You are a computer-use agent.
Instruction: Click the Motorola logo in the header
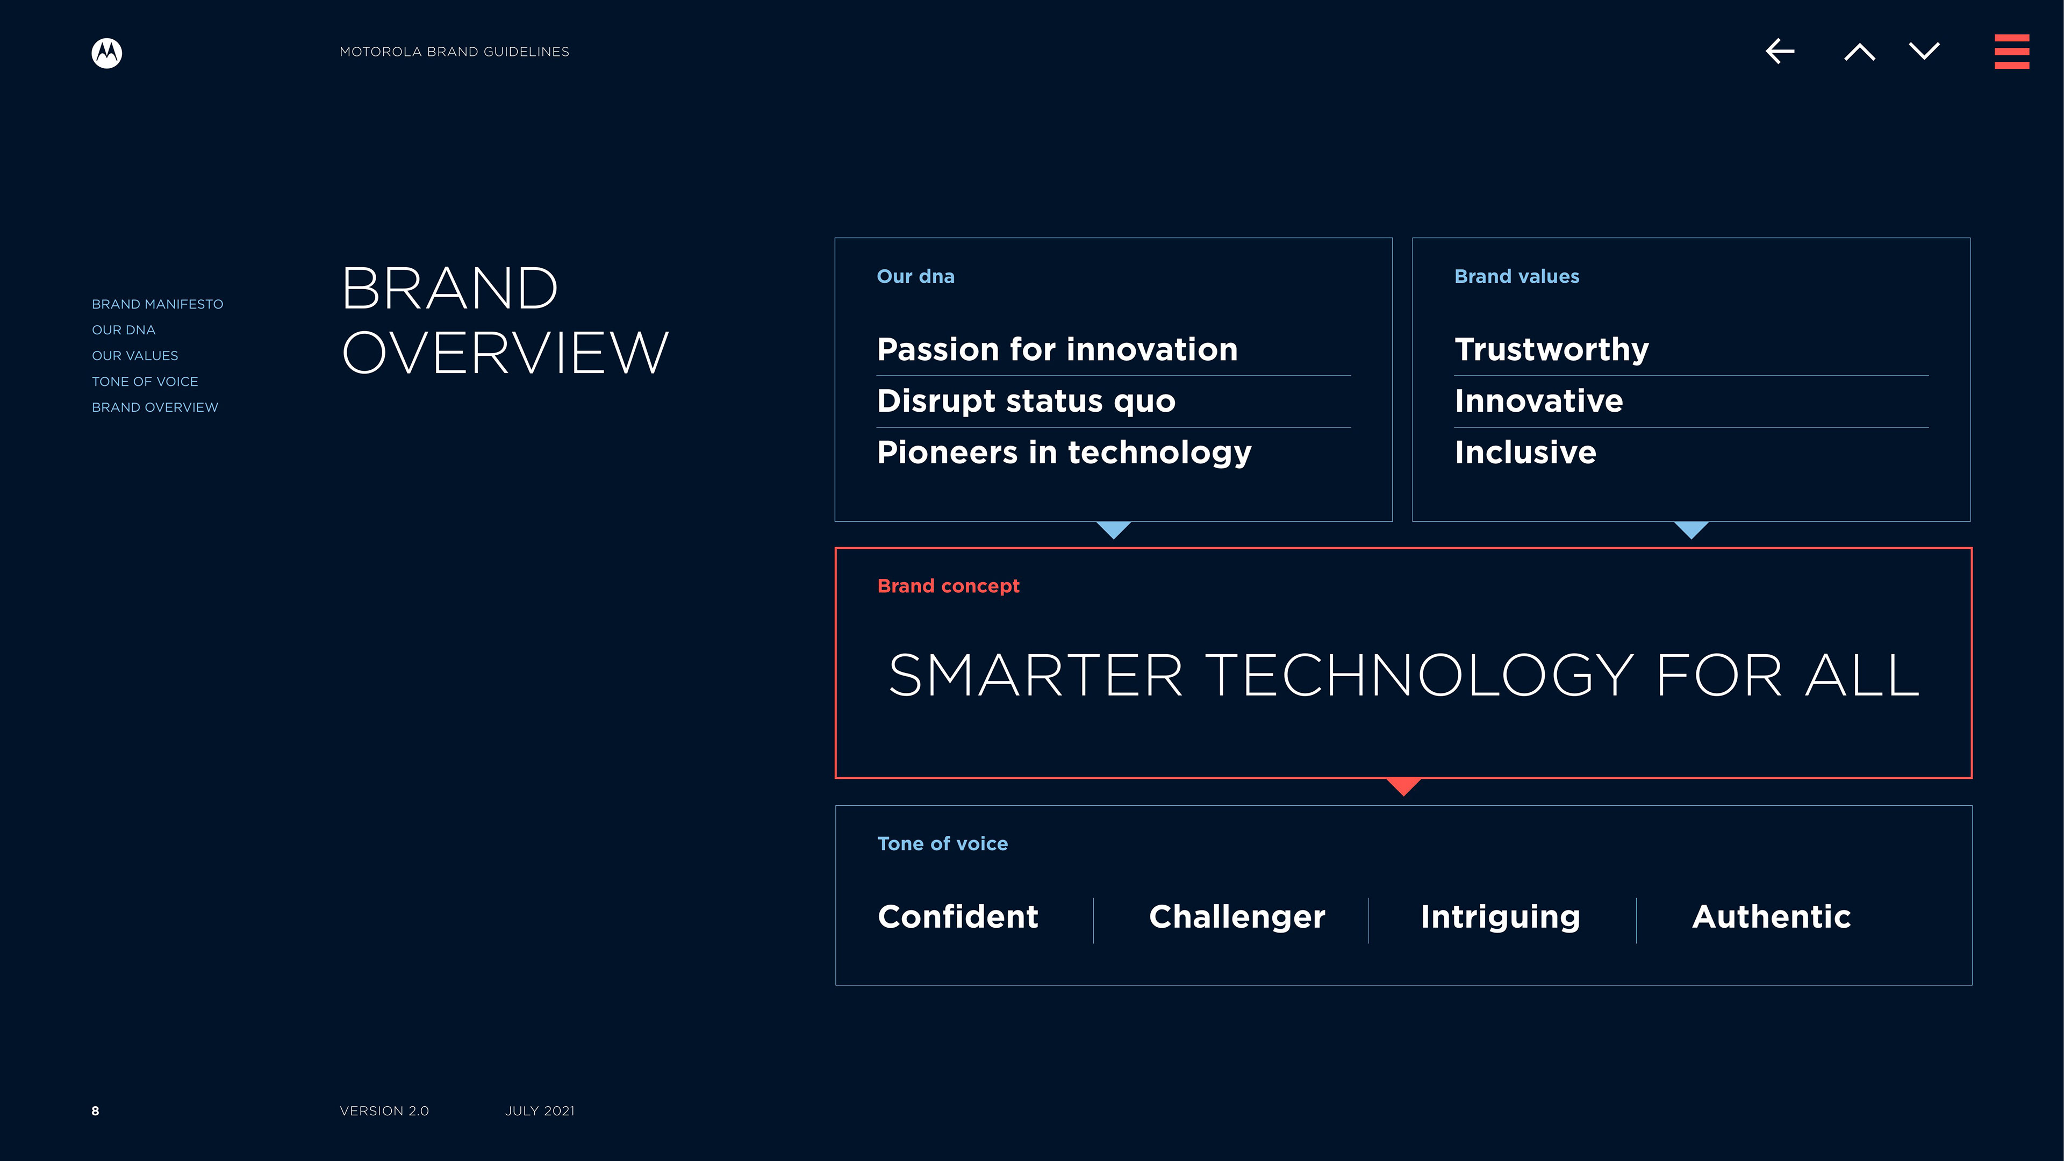(106, 53)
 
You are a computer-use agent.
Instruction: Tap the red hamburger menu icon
(2011, 51)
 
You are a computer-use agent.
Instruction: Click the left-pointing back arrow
(1780, 51)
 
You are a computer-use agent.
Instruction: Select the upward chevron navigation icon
(1859, 52)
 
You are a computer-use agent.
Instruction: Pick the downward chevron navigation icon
(1924, 51)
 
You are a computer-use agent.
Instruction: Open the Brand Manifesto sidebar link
(157, 304)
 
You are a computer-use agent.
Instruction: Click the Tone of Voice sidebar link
(144, 382)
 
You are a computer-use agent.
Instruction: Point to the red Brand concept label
(948, 586)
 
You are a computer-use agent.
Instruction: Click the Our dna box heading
(915, 276)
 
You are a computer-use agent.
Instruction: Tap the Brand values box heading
(1516, 276)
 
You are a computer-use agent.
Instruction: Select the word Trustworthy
(1551, 350)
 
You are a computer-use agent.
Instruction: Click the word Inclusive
(1525, 453)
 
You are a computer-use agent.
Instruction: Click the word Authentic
(1771, 916)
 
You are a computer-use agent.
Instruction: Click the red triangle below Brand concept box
(1403, 786)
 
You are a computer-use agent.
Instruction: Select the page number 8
(95, 1110)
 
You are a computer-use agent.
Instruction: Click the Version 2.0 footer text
(384, 1110)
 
